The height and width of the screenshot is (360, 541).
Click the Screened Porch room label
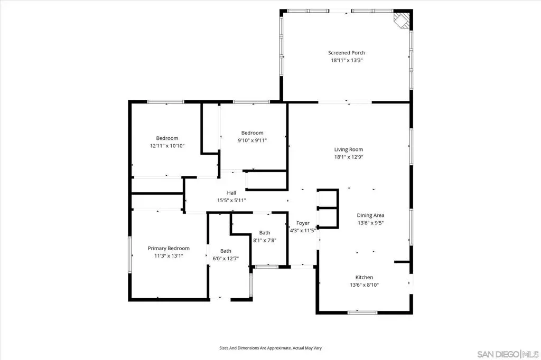(x=347, y=53)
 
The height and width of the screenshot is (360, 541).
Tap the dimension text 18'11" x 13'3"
(x=347, y=60)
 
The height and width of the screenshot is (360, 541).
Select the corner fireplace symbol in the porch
(x=402, y=20)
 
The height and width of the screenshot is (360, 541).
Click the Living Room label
(x=349, y=149)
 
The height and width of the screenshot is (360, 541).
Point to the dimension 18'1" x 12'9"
(x=349, y=157)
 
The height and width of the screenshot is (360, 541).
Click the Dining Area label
(x=370, y=215)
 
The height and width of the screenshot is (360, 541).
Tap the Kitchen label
(x=364, y=277)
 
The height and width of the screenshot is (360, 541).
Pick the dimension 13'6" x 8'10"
(x=364, y=285)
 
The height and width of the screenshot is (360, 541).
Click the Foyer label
(x=303, y=223)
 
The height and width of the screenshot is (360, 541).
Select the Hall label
(x=231, y=193)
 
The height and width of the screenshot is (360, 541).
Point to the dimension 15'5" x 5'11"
(x=231, y=201)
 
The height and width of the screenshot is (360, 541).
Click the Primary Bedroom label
(x=169, y=248)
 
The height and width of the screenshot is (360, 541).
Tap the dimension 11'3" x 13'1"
(x=169, y=256)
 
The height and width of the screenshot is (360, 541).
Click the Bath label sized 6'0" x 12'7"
(x=226, y=251)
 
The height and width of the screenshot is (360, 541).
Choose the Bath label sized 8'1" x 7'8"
(x=265, y=233)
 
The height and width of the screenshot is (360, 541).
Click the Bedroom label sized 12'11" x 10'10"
(x=167, y=138)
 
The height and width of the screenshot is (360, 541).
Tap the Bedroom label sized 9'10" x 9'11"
(x=252, y=133)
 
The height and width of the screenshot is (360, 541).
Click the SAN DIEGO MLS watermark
(x=508, y=354)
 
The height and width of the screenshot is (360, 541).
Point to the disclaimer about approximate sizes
(x=270, y=348)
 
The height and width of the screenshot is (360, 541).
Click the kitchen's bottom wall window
(x=362, y=313)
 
